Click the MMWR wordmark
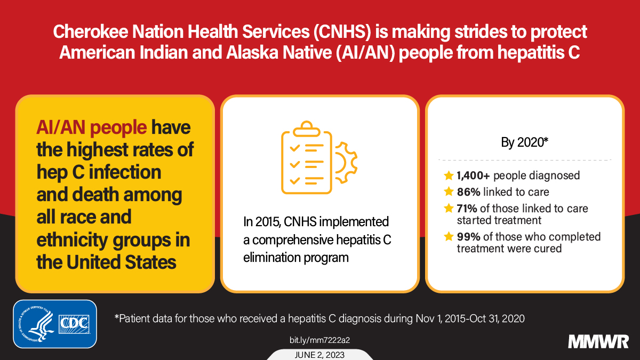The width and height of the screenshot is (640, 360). pyautogui.click(x=598, y=341)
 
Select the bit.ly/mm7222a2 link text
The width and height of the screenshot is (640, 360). pyautogui.click(x=319, y=340)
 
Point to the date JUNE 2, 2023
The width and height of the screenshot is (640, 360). pyautogui.click(x=319, y=355)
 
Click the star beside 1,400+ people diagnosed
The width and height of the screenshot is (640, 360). pyautogui.click(x=449, y=175)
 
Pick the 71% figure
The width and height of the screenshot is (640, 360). pyautogui.click(x=467, y=208)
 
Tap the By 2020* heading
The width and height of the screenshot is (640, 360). pyautogui.click(x=524, y=143)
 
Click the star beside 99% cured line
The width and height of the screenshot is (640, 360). pyautogui.click(x=449, y=236)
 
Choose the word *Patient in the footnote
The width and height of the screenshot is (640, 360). pyautogui.click(x=132, y=319)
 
